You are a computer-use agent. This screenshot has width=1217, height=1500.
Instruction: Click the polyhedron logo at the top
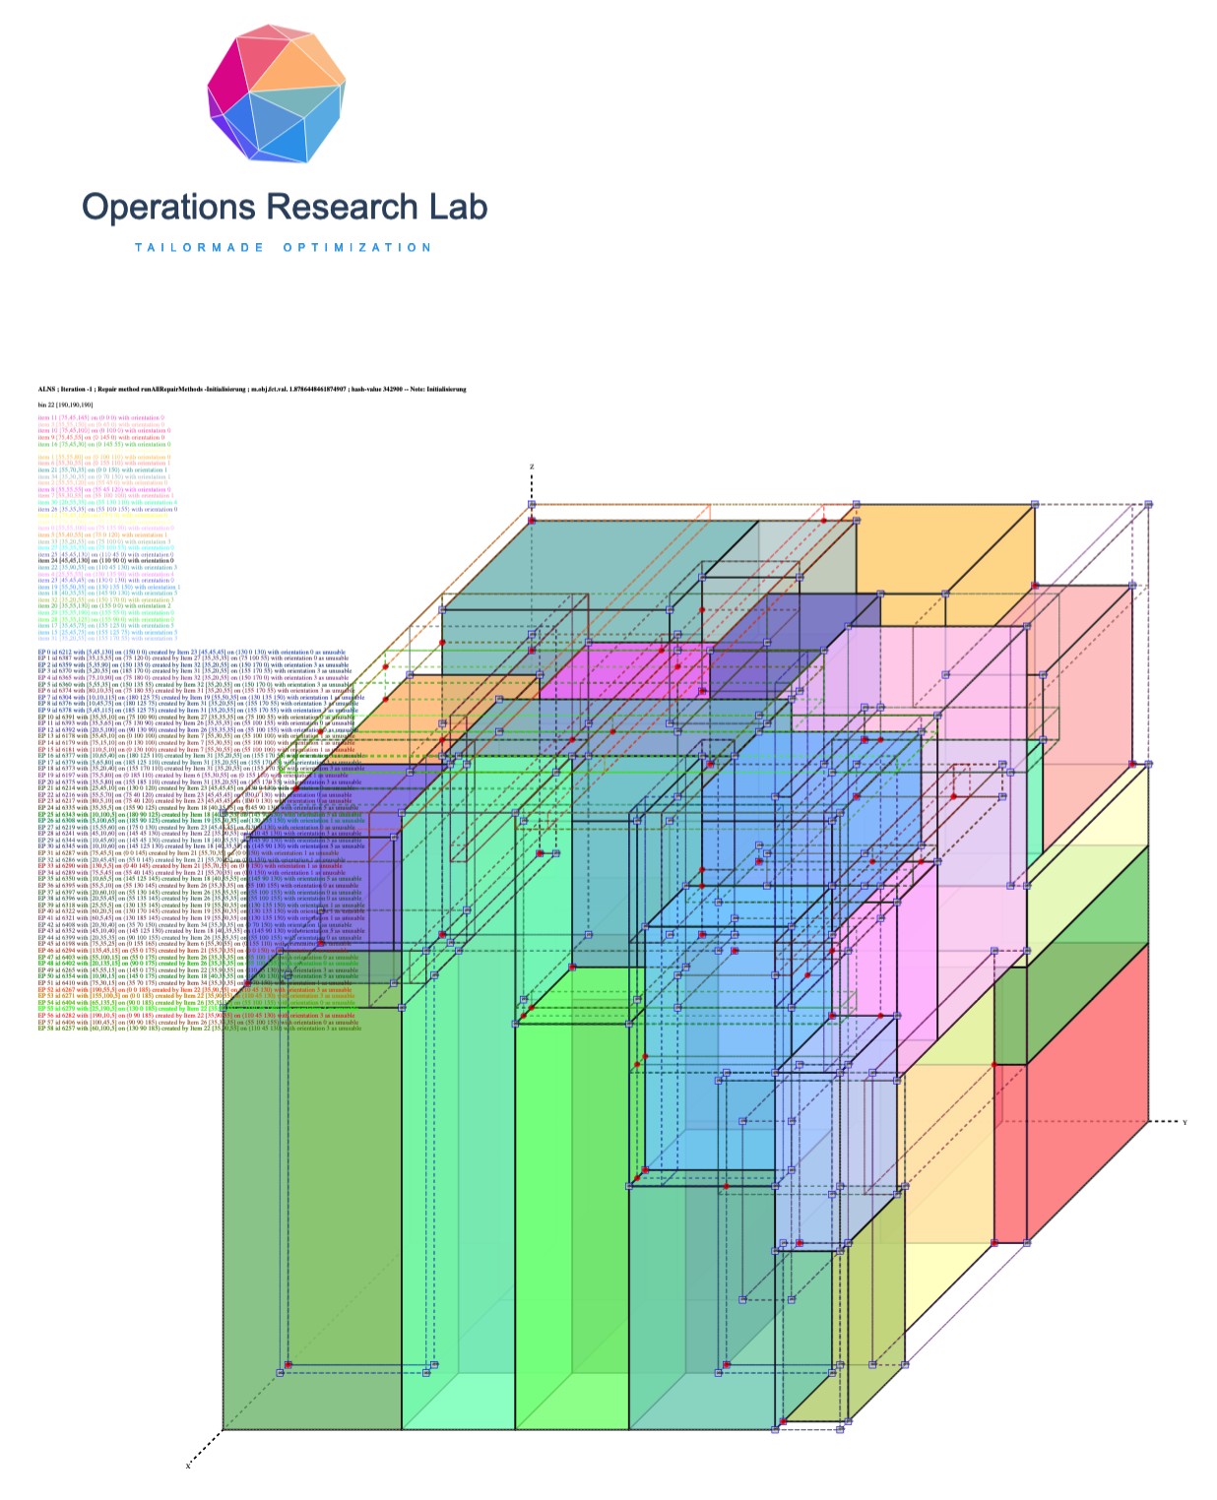point(277,94)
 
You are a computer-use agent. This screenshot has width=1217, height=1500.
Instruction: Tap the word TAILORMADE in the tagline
point(200,248)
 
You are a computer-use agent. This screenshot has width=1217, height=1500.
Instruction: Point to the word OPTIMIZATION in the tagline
point(357,248)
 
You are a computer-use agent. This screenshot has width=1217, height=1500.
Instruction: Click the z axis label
point(532,467)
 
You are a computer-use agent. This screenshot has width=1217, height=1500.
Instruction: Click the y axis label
point(1185,1122)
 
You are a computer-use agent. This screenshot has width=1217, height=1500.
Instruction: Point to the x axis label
point(187,1466)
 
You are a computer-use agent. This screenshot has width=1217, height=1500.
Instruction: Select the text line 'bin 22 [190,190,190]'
point(66,405)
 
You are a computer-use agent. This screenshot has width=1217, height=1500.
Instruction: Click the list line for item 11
point(100,418)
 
